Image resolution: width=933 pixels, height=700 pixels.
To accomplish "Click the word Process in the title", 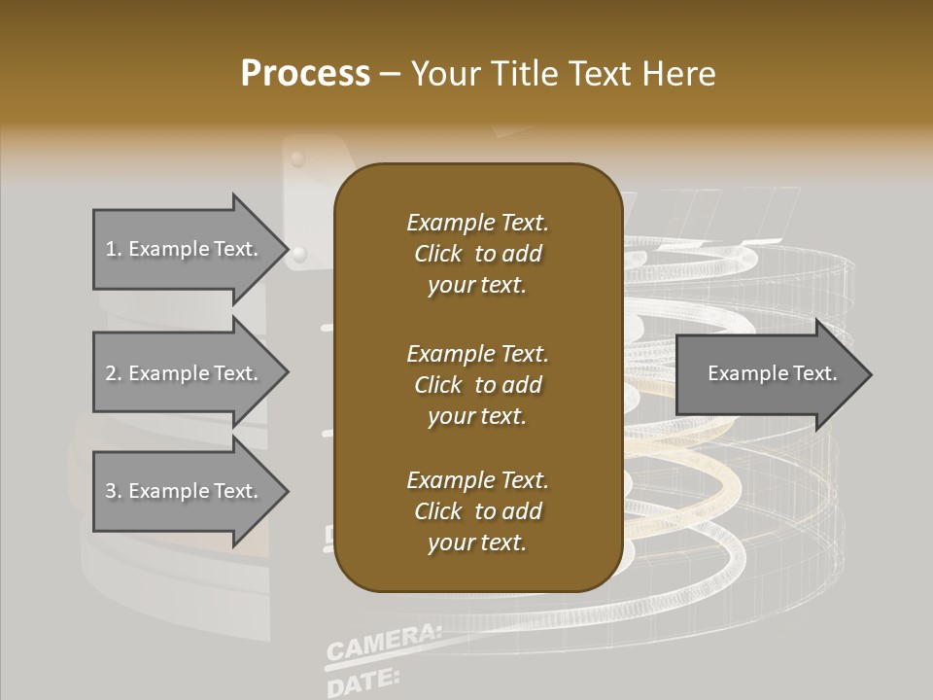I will pyautogui.click(x=305, y=74).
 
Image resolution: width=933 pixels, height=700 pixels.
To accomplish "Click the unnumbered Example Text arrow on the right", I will pyautogui.click(x=772, y=373).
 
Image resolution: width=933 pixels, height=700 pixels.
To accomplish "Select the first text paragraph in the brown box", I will pyautogui.click(x=477, y=254).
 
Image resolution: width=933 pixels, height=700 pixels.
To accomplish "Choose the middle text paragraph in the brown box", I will pyautogui.click(x=477, y=385).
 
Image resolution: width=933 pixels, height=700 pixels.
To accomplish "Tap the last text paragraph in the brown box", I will pyautogui.click(x=477, y=511).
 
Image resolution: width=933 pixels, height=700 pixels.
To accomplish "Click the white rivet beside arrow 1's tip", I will pyautogui.click(x=300, y=254).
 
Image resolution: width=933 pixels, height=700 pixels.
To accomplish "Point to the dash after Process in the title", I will pyautogui.click(x=390, y=75).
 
